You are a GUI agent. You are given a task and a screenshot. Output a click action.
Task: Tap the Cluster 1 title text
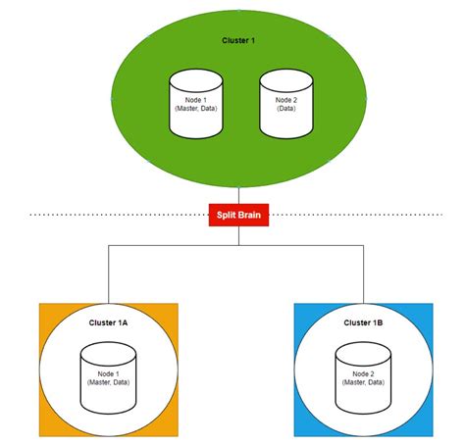(x=239, y=39)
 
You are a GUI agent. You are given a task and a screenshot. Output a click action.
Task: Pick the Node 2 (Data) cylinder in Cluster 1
(x=284, y=103)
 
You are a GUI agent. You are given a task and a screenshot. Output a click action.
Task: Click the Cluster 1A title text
(x=108, y=322)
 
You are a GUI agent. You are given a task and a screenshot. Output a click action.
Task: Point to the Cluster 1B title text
(x=363, y=322)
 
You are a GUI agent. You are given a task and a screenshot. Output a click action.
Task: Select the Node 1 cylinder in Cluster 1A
(x=108, y=377)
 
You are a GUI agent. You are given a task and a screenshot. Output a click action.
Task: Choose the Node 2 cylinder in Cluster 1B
(x=363, y=377)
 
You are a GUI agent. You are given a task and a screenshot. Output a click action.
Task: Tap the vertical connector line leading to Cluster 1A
(x=108, y=274)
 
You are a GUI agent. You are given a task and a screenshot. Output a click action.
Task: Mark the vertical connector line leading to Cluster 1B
(x=363, y=274)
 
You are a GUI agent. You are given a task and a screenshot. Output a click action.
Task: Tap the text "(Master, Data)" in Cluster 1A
(x=108, y=382)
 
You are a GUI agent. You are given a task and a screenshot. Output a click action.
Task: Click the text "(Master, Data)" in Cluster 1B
(x=363, y=382)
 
